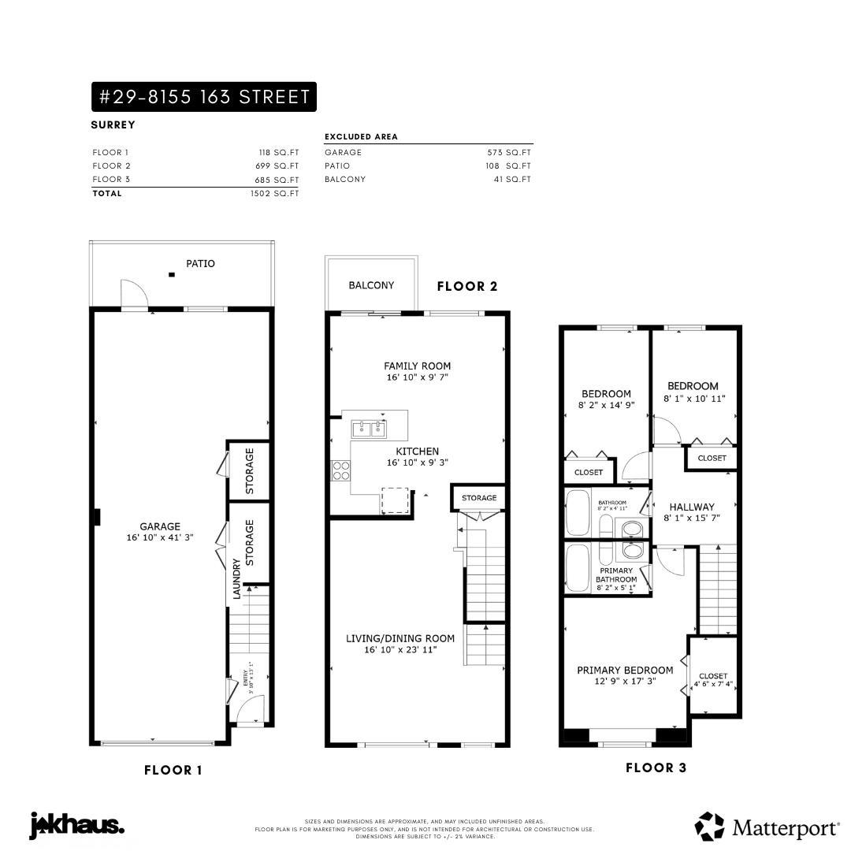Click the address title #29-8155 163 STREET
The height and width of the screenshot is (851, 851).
coord(203,97)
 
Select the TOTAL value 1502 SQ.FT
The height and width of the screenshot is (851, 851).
coord(274,193)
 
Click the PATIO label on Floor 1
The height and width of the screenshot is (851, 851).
coord(200,264)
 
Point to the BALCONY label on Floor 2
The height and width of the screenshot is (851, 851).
coord(371,285)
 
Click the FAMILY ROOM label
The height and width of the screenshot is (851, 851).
coord(417,366)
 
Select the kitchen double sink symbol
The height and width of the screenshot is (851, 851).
coord(369,429)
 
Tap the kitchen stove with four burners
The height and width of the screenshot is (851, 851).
coord(341,470)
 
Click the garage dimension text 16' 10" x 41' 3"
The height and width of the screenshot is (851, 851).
coord(161,537)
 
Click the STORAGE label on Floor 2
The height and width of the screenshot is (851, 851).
coord(479,498)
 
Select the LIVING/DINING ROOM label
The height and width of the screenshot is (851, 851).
coord(400,638)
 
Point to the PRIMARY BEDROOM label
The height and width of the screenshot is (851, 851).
coord(625,671)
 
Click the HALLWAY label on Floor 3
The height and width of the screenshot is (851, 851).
coord(692,507)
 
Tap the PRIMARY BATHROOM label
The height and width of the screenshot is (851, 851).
coord(616,575)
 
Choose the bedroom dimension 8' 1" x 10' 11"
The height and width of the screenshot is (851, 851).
coord(693,399)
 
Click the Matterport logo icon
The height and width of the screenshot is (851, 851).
coord(709,827)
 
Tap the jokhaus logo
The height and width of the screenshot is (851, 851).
coord(77,826)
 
